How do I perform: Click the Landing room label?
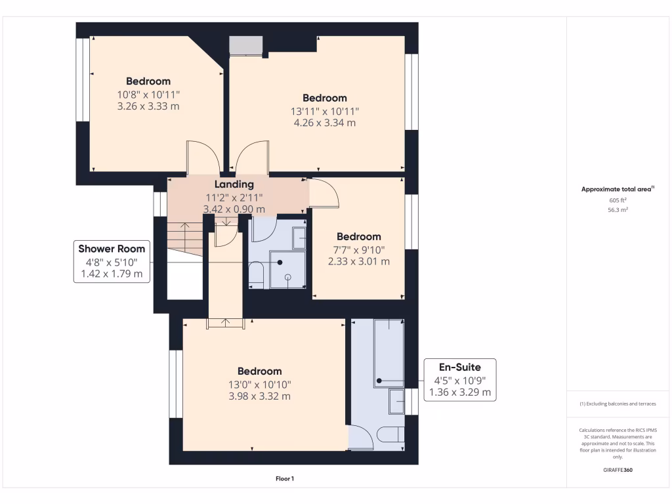[x=234, y=184]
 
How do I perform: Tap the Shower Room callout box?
[x=112, y=261]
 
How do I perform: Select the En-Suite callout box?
[x=459, y=380]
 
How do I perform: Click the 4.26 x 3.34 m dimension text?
[x=324, y=123]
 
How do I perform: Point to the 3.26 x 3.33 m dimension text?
[x=148, y=106]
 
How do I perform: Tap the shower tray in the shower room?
[x=287, y=270]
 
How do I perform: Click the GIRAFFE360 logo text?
[x=617, y=470]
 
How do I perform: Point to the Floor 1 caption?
[x=284, y=479]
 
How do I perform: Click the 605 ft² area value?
[x=617, y=200]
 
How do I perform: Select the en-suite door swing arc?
[x=361, y=436]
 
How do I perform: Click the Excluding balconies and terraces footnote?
[x=617, y=404]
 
